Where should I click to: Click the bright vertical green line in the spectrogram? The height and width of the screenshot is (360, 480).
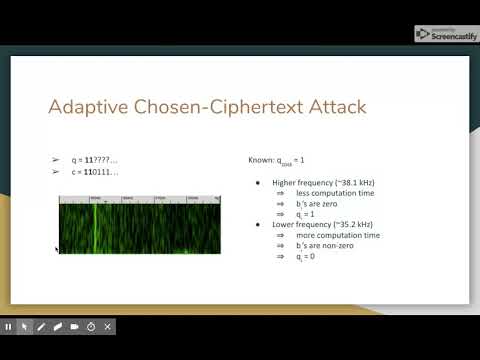point(95,225)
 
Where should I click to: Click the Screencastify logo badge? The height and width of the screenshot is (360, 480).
point(445,33)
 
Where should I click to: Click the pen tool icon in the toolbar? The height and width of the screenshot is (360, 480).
point(41,326)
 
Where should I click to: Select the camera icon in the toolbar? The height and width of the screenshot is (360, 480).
point(74,326)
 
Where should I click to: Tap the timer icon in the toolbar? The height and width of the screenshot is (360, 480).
point(90,326)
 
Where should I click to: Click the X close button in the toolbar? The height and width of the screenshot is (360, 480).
point(107,326)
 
